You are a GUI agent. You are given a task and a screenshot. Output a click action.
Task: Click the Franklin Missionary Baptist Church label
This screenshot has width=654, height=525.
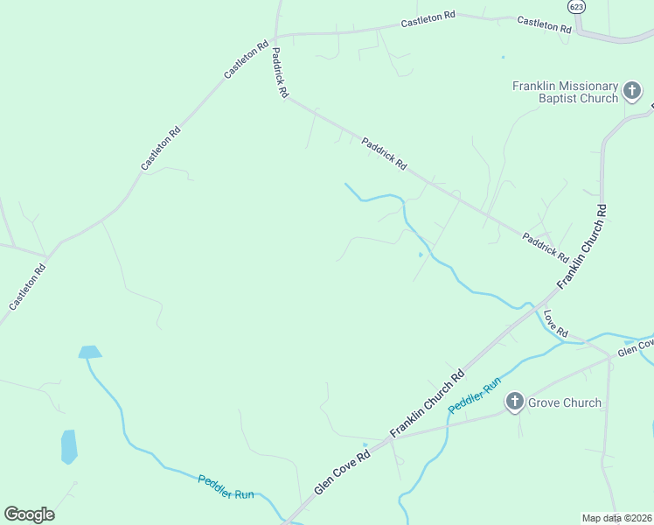(565, 92)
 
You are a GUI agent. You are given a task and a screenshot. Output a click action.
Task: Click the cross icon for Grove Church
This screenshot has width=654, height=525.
(515, 402)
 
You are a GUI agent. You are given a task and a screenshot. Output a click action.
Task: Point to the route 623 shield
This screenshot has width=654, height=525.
(576, 7)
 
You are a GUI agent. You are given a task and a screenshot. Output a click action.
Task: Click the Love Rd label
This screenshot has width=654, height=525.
(556, 323)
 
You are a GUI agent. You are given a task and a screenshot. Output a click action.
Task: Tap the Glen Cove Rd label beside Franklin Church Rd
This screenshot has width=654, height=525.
(343, 467)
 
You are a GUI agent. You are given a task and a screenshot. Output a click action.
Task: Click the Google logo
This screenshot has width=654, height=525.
(30, 514)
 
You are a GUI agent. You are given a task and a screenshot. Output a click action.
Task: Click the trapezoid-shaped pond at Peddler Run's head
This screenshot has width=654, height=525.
(89, 352)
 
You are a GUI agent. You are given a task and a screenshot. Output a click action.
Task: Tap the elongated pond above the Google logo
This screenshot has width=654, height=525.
(69, 446)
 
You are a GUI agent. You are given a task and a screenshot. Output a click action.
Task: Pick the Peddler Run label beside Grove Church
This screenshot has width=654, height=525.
(475, 395)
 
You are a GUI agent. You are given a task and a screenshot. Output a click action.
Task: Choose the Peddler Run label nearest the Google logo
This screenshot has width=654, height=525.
(226, 486)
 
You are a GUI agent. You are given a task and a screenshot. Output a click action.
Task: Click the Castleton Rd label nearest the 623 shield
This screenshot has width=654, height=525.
(543, 24)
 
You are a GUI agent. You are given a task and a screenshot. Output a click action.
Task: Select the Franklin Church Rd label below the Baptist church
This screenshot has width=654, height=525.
(581, 246)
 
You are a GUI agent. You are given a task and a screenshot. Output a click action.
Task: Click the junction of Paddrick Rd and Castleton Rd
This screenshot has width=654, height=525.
(275, 37)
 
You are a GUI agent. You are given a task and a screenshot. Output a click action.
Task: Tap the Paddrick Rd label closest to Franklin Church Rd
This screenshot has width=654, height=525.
(546, 248)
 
